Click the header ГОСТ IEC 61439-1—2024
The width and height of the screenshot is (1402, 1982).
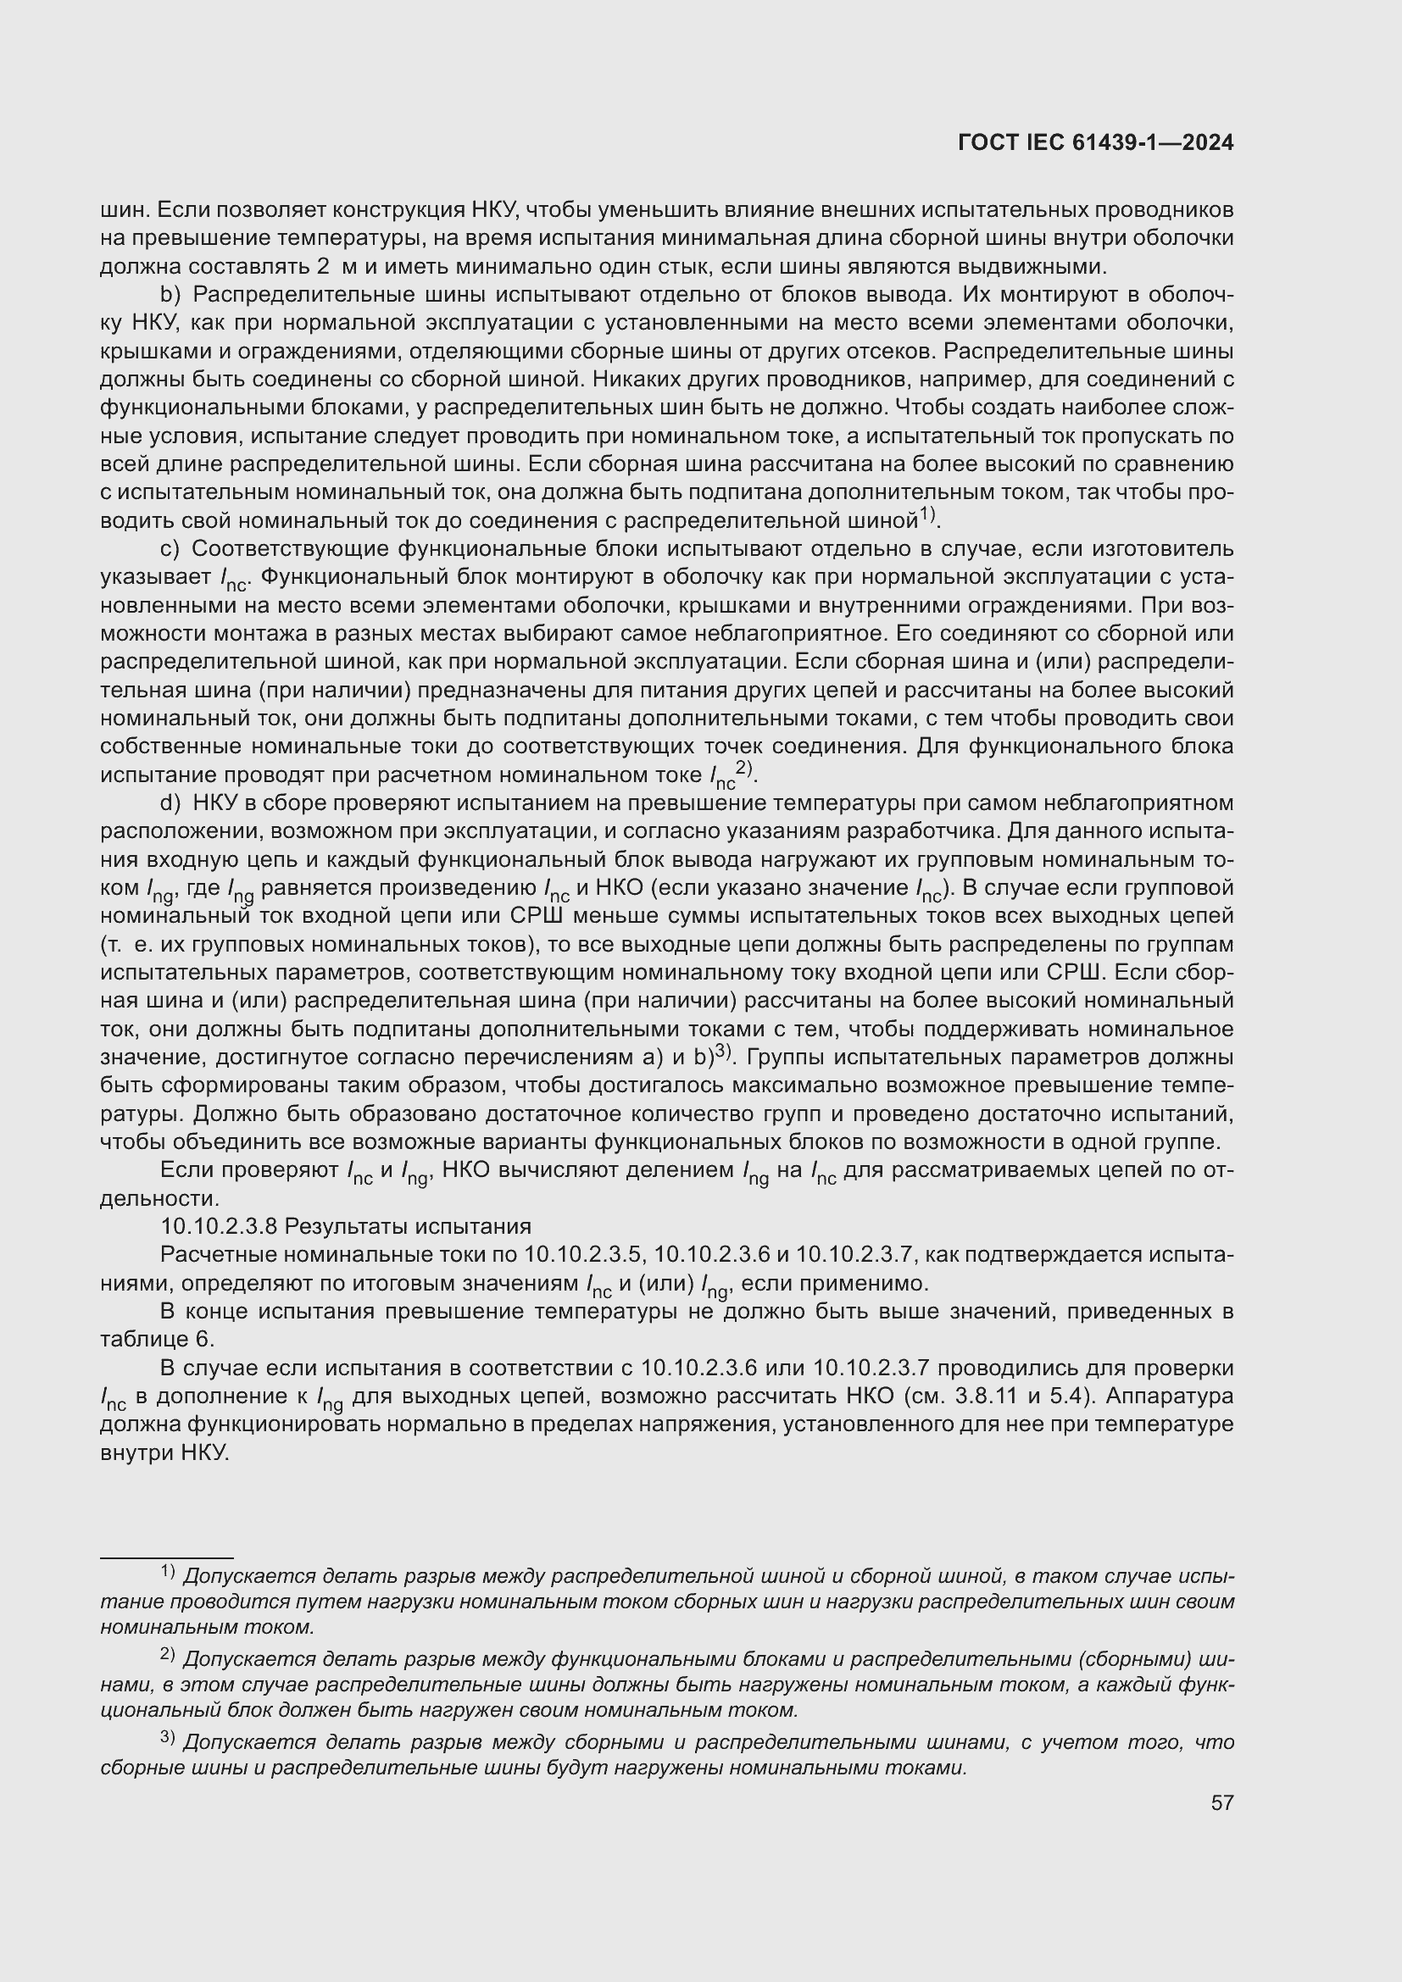pos(1094,143)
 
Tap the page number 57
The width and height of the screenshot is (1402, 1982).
pos(1221,1802)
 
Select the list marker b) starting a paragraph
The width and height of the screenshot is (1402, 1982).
pos(171,295)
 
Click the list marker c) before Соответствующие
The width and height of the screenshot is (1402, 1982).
pos(170,549)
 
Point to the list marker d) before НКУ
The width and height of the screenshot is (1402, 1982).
pos(171,802)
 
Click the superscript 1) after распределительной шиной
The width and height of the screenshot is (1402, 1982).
pos(927,516)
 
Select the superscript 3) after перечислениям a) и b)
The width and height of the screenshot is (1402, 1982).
pos(724,1053)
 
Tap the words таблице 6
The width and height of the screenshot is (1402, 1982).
pos(156,1340)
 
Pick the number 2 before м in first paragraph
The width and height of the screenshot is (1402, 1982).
pos(323,267)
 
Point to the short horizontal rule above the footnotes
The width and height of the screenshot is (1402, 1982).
pos(167,1558)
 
